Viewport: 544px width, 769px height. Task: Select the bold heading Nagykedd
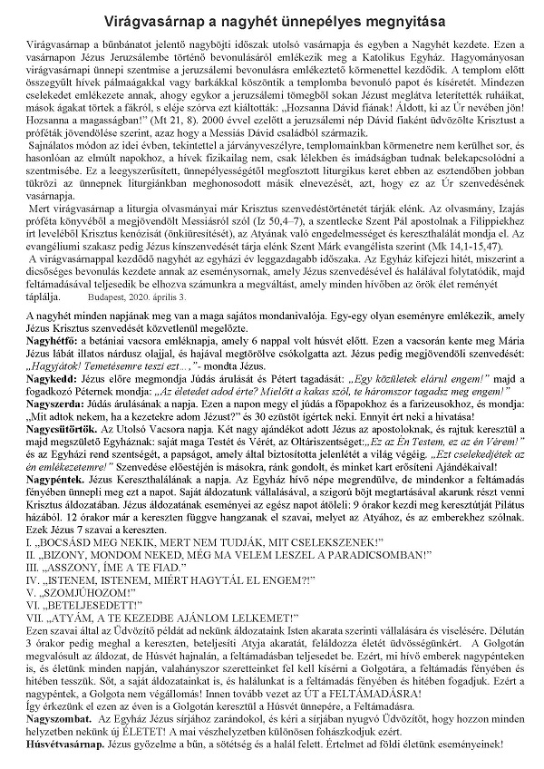pos(47,424)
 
